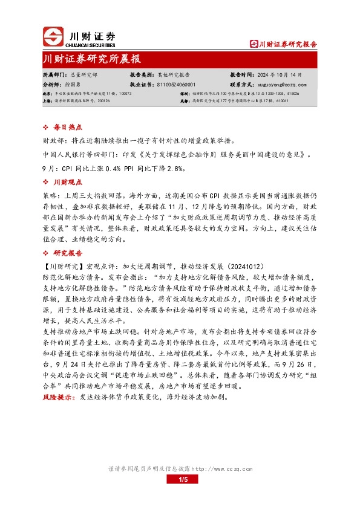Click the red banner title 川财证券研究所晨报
click(x=92, y=59)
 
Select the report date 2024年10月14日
click(x=280, y=75)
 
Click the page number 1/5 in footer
click(x=180, y=481)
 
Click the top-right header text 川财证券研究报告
click(x=286, y=44)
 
